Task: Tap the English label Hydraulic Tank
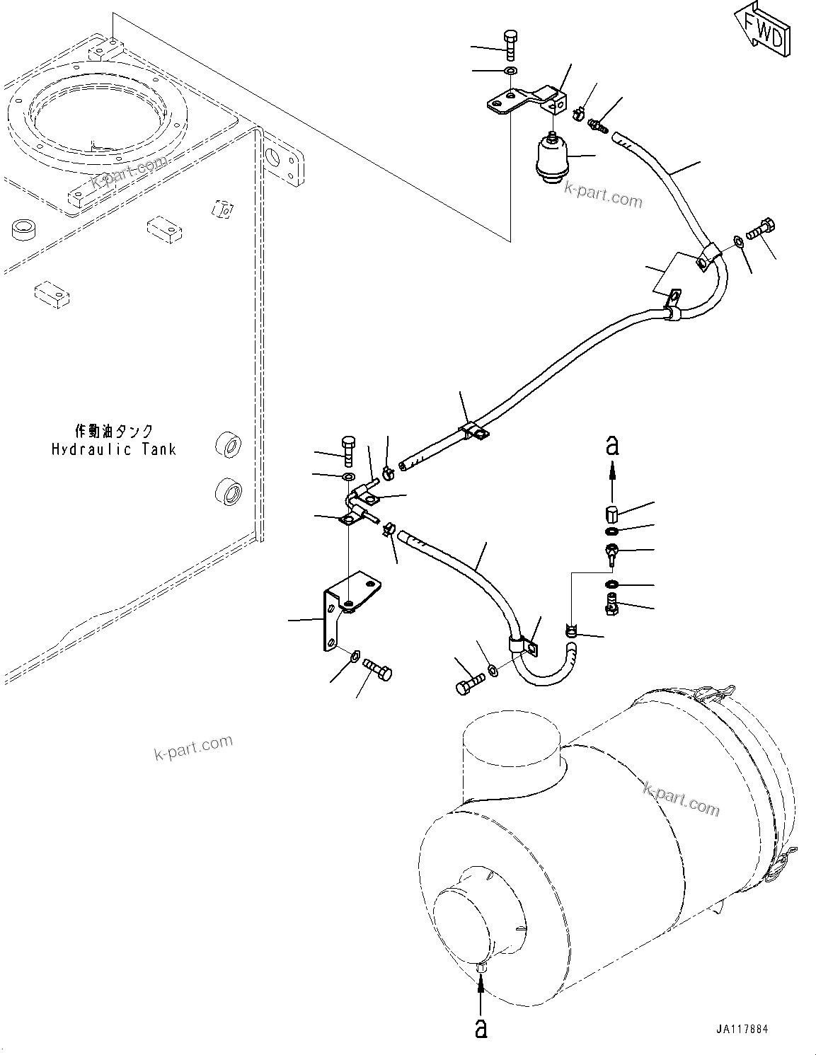click(x=114, y=449)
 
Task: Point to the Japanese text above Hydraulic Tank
click(x=114, y=431)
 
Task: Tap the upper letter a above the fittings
click(x=612, y=446)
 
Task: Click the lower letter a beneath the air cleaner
click(x=481, y=1027)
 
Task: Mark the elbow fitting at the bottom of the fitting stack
click(x=611, y=604)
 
